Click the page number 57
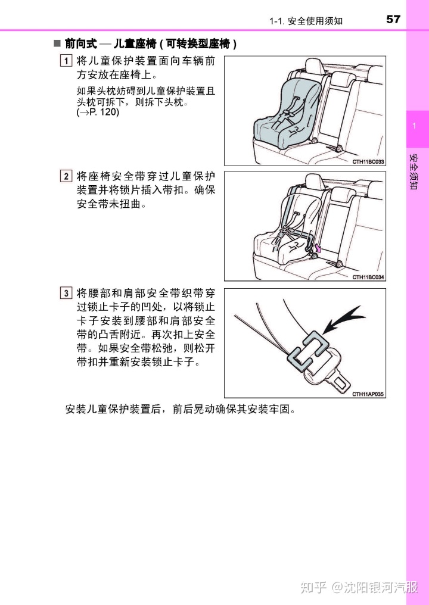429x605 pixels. point(393,19)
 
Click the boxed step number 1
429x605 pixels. point(66,61)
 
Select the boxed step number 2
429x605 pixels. point(66,176)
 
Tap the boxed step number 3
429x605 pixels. point(66,293)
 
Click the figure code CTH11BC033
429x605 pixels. point(368,161)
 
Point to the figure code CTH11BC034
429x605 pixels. point(368,277)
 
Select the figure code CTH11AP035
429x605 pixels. point(368,394)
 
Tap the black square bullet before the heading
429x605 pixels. point(57,43)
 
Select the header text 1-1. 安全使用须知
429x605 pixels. point(306,20)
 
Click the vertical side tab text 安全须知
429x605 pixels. point(414,171)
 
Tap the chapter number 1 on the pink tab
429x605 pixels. point(414,126)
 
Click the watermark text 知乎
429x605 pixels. point(313,587)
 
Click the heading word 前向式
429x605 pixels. point(80,43)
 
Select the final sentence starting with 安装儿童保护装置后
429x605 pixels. point(181,409)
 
